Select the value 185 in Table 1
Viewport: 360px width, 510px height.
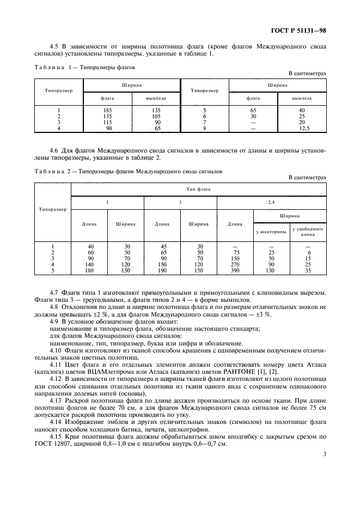pos(107,111)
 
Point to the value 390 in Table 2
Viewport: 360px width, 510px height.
pos(235,271)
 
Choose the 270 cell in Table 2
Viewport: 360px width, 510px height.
pos(235,265)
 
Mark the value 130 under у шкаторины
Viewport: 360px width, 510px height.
pos(271,271)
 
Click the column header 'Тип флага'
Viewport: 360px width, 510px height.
pos(199,189)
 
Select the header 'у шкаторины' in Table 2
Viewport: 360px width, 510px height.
pos(271,232)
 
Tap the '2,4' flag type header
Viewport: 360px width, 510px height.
pos(271,202)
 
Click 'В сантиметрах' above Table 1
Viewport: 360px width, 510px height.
pos(307,73)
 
